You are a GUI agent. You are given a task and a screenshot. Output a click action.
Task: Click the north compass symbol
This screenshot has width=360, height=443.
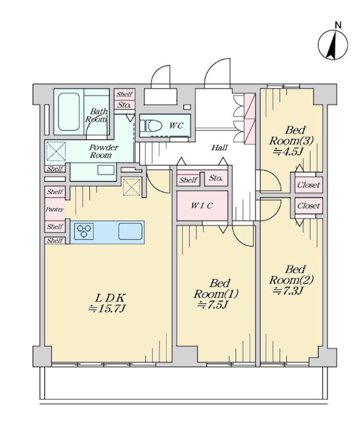333,45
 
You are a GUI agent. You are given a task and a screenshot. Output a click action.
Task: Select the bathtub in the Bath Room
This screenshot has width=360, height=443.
69,112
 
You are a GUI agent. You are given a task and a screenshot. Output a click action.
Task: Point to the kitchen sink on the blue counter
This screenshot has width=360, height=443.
130,231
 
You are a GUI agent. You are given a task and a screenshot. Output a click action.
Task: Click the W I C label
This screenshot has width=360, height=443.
201,205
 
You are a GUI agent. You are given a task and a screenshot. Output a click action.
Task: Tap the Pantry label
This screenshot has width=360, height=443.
55,209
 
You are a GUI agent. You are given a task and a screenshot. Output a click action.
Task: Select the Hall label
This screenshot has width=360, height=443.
219,147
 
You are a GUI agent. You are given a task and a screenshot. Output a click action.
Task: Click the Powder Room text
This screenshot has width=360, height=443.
101,151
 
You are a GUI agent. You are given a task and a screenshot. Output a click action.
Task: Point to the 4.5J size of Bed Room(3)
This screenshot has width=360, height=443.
288,152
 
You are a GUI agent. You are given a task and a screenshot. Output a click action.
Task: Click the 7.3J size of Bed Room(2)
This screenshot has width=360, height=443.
288,290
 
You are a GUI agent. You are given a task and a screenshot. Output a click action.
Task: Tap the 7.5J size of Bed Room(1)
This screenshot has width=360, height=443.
213,305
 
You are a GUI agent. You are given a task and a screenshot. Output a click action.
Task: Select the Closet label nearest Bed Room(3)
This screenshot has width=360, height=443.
309,185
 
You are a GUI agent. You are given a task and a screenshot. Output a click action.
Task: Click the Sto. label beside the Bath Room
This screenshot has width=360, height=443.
124,105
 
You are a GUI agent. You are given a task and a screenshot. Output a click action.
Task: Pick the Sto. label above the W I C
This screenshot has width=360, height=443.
215,178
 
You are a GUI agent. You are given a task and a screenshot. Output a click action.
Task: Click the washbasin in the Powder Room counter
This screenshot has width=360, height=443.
106,170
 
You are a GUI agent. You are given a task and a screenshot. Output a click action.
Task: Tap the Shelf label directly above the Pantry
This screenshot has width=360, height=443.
55,192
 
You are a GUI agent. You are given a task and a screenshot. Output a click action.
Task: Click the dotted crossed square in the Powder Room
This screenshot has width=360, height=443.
56,151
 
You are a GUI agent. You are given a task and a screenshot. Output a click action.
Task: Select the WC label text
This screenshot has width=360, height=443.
176,126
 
